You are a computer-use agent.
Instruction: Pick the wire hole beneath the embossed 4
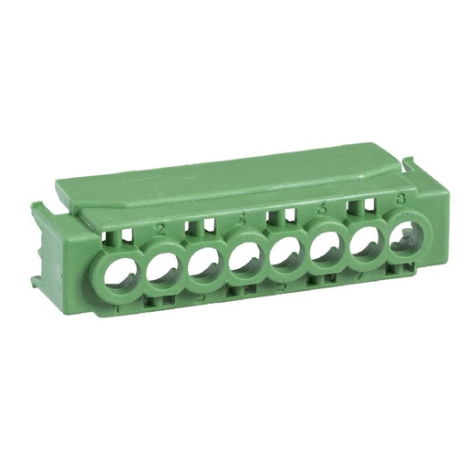246,264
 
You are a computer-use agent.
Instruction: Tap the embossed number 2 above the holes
161,229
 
